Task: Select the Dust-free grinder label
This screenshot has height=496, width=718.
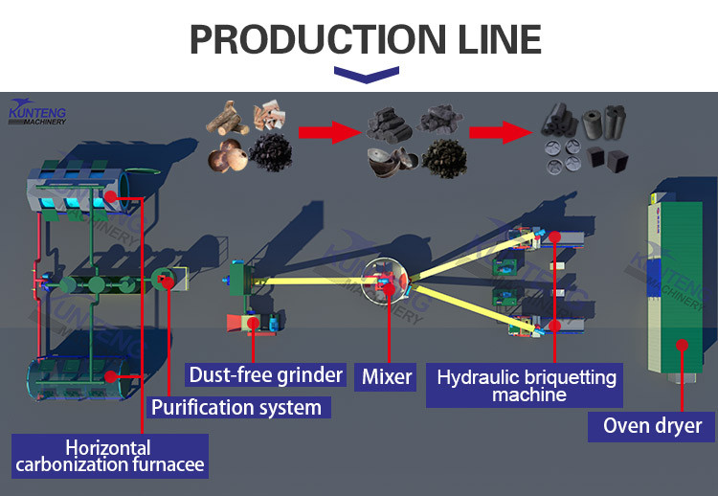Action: (265, 374)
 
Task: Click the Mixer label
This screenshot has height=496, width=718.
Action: (387, 375)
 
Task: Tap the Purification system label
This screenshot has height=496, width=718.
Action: (236, 407)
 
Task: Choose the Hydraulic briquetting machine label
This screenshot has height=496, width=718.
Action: (527, 385)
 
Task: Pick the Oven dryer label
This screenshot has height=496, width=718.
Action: (652, 425)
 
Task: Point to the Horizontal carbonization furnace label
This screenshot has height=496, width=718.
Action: (108, 457)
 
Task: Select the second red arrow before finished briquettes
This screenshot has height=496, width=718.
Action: (501, 131)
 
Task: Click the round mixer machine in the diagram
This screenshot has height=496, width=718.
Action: (387, 280)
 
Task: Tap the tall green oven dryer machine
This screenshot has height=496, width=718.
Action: (680, 278)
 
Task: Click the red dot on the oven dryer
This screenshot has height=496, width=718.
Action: (683, 345)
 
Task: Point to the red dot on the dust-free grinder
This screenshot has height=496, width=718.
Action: (253, 323)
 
